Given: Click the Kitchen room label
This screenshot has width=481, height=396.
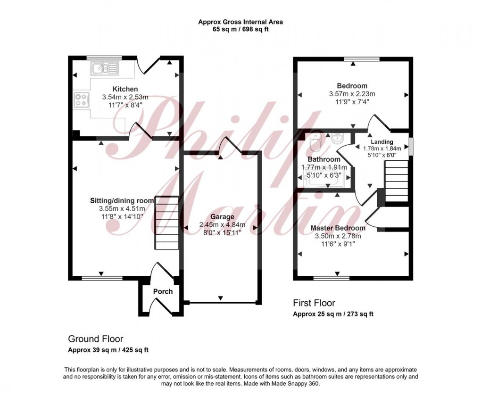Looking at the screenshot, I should coord(125,89).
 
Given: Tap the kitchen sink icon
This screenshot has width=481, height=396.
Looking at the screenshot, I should coord(105,69).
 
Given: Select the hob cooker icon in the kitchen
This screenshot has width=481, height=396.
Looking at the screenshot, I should coord(81,99).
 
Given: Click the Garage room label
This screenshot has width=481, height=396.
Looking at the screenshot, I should coord(222,217).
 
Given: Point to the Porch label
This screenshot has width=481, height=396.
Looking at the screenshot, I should coord(163,291).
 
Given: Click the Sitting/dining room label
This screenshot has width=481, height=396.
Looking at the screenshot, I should coord(122,200).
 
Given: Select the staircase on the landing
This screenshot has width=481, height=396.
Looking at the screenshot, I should coord(396,181).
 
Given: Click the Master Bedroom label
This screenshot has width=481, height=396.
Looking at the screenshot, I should coord(338,228).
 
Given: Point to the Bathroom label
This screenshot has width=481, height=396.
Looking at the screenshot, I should coord(324,159).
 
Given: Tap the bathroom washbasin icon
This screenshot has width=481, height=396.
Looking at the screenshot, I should coord(338,138).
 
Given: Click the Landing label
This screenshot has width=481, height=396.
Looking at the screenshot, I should coord(382,142).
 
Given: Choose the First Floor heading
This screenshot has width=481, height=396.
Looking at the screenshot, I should coord(314,303).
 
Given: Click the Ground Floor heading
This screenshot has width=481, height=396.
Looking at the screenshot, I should coord(96,339).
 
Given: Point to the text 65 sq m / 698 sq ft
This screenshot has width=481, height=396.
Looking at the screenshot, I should coord(240,30).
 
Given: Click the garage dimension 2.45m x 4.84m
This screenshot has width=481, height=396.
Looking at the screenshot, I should coord(222,225).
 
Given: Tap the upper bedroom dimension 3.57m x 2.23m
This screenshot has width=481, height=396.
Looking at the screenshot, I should coord(352,94).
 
